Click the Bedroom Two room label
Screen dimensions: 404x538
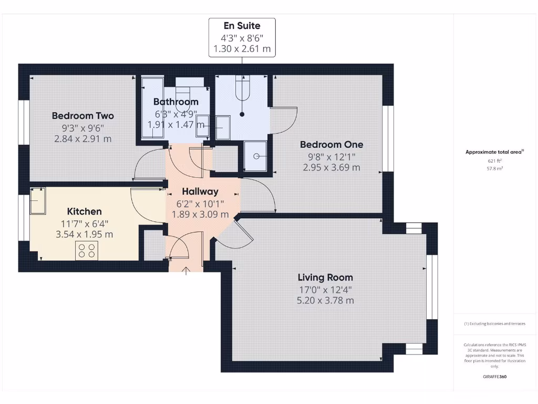(x=82, y=116)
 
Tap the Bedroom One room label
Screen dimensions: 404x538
(x=332, y=144)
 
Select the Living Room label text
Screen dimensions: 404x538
(x=325, y=277)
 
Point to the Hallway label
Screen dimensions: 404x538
(x=200, y=191)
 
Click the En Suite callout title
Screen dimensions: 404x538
(x=242, y=25)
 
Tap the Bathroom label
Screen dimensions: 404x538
(x=176, y=102)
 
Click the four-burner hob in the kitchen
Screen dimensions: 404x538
(x=87, y=250)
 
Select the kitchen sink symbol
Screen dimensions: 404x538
(x=37, y=201)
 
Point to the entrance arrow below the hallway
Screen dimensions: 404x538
(x=186, y=271)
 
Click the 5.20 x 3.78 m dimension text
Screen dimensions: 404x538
(x=325, y=300)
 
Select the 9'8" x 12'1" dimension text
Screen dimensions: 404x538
(x=332, y=156)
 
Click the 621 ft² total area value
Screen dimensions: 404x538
(x=494, y=161)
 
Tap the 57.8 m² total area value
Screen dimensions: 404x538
(x=494, y=169)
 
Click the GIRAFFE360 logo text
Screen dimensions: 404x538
(x=494, y=377)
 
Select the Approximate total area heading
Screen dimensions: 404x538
(x=494, y=152)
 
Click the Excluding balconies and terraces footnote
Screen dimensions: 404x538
(x=494, y=324)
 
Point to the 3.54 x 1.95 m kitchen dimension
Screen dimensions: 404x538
(x=85, y=235)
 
